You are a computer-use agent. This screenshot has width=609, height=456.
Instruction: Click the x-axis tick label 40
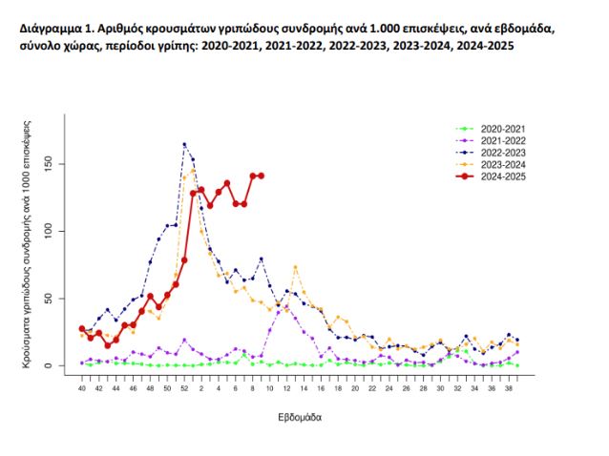(82, 389)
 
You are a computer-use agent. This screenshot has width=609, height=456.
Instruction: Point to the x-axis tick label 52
(184, 389)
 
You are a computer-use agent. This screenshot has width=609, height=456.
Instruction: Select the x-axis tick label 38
(508, 389)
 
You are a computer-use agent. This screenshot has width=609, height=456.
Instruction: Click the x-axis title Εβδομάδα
(300, 418)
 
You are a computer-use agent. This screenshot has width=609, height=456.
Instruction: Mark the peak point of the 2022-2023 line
(184, 144)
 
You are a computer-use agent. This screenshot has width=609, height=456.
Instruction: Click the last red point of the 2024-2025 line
(261, 176)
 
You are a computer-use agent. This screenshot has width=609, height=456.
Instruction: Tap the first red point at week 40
(82, 328)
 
